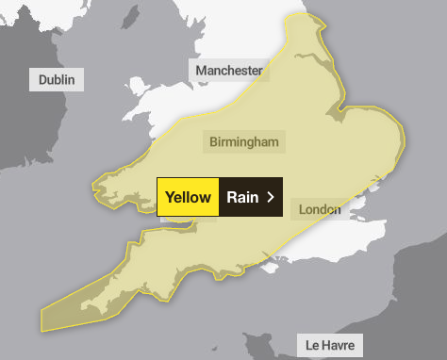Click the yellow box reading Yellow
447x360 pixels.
point(188,197)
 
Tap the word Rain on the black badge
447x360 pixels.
point(242,197)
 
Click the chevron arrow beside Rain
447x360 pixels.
point(271,197)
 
